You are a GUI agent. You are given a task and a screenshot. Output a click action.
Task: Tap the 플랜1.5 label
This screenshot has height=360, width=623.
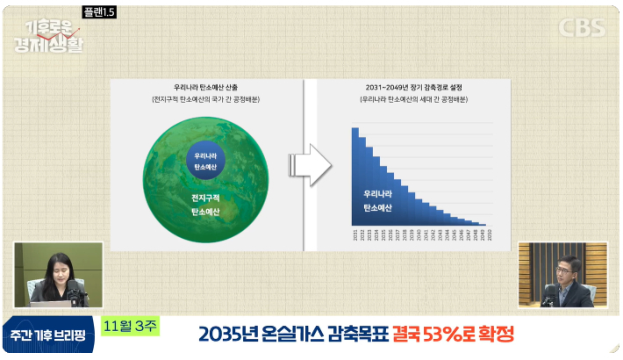[x=97, y=13]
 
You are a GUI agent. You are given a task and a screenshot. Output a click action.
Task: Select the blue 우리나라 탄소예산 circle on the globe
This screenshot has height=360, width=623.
[x=204, y=160]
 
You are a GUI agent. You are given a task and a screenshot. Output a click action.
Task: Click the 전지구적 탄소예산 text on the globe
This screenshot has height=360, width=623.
[x=205, y=205]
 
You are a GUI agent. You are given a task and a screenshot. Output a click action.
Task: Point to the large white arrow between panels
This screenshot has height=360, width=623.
[x=311, y=163]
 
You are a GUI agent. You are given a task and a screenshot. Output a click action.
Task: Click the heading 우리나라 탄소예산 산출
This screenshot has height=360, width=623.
[x=204, y=88]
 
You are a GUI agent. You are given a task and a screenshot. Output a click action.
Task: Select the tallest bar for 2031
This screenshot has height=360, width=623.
[x=355, y=176]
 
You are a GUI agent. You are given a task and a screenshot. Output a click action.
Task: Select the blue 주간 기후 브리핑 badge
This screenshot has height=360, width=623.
[x=48, y=335]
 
